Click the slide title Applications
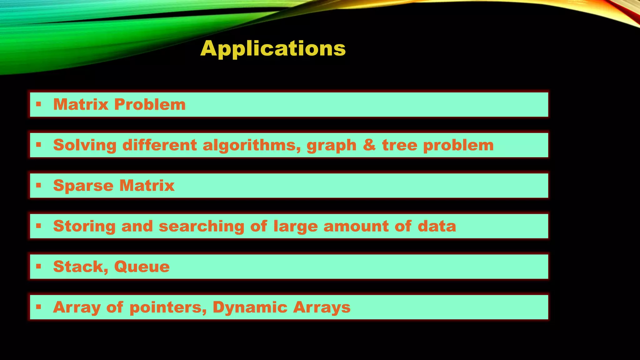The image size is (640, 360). [273, 48]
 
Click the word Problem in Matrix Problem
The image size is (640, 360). [150, 104]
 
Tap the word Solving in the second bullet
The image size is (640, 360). [85, 145]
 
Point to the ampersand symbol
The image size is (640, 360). [369, 145]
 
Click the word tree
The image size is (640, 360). [399, 145]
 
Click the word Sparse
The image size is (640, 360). [83, 186]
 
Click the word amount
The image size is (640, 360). [356, 226]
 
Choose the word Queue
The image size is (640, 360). [142, 267]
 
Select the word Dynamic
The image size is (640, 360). [250, 307]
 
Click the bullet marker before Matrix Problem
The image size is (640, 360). [38, 104]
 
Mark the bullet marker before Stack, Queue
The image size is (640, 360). [38, 267]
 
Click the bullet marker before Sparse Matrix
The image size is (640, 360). [38, 185]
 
